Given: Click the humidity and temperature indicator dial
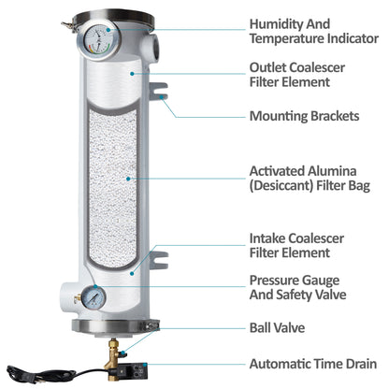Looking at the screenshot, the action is coord(98,40).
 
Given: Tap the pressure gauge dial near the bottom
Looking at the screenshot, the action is coord(94,297).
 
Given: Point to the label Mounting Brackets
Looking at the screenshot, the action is coord(304,116).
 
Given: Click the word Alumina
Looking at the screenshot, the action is coord(332,171).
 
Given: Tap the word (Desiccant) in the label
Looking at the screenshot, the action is coord(281,185).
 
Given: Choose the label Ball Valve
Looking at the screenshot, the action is coord(277,327).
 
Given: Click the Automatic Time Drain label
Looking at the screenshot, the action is coord(313,364).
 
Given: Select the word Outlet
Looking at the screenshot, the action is coord(267,67).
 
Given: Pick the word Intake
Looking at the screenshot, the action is coord(267,238).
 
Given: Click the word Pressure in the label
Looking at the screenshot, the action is coord(271,281).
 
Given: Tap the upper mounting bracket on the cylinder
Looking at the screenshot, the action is coord(158,91).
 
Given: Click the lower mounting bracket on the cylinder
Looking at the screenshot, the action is coord(158,261).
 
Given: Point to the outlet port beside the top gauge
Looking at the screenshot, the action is coord(151,46).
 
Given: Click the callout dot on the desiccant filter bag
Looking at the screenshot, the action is coord(128,179).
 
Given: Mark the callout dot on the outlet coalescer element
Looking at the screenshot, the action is coord(132,74).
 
